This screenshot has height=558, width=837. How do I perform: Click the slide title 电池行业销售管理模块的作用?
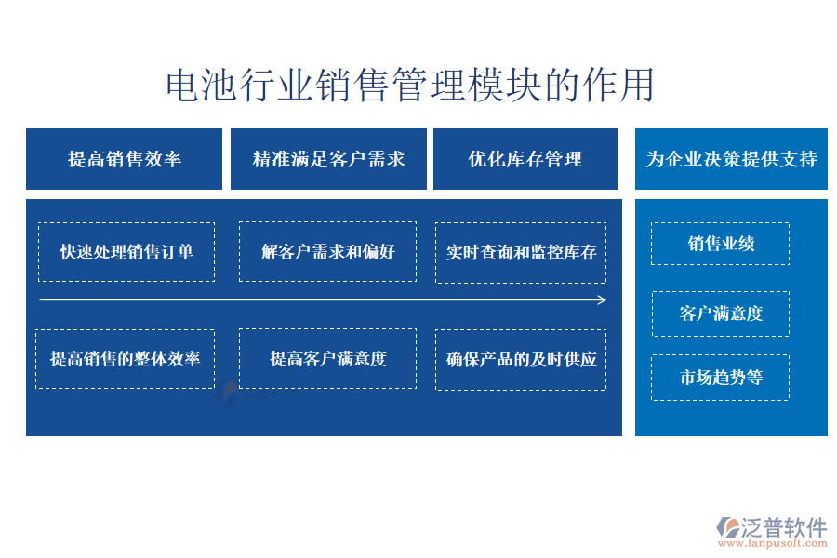410,85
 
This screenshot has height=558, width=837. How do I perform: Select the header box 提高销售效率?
124,159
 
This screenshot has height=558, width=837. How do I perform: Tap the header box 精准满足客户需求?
328,159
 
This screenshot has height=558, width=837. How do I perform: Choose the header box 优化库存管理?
525,159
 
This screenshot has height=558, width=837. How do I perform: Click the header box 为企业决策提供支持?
731,159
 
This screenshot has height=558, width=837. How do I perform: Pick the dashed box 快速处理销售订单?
126,252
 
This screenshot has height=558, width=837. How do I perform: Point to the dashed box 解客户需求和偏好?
327,251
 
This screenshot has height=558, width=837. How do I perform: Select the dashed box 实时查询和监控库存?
521,253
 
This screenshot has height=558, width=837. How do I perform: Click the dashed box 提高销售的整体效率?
125,359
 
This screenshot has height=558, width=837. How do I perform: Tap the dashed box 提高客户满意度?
327,358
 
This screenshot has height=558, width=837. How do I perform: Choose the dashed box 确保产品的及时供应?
521,359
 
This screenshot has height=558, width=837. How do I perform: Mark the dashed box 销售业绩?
720,244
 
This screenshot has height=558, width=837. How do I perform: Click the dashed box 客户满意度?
721,313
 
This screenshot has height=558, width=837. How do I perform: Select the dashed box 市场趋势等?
720,377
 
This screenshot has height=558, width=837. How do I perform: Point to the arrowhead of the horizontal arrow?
604,300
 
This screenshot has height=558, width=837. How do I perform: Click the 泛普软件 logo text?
784,527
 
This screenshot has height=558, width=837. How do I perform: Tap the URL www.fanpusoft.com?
773,543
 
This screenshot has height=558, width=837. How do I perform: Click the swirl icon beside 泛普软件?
727,527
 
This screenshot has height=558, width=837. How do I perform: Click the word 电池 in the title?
201,85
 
